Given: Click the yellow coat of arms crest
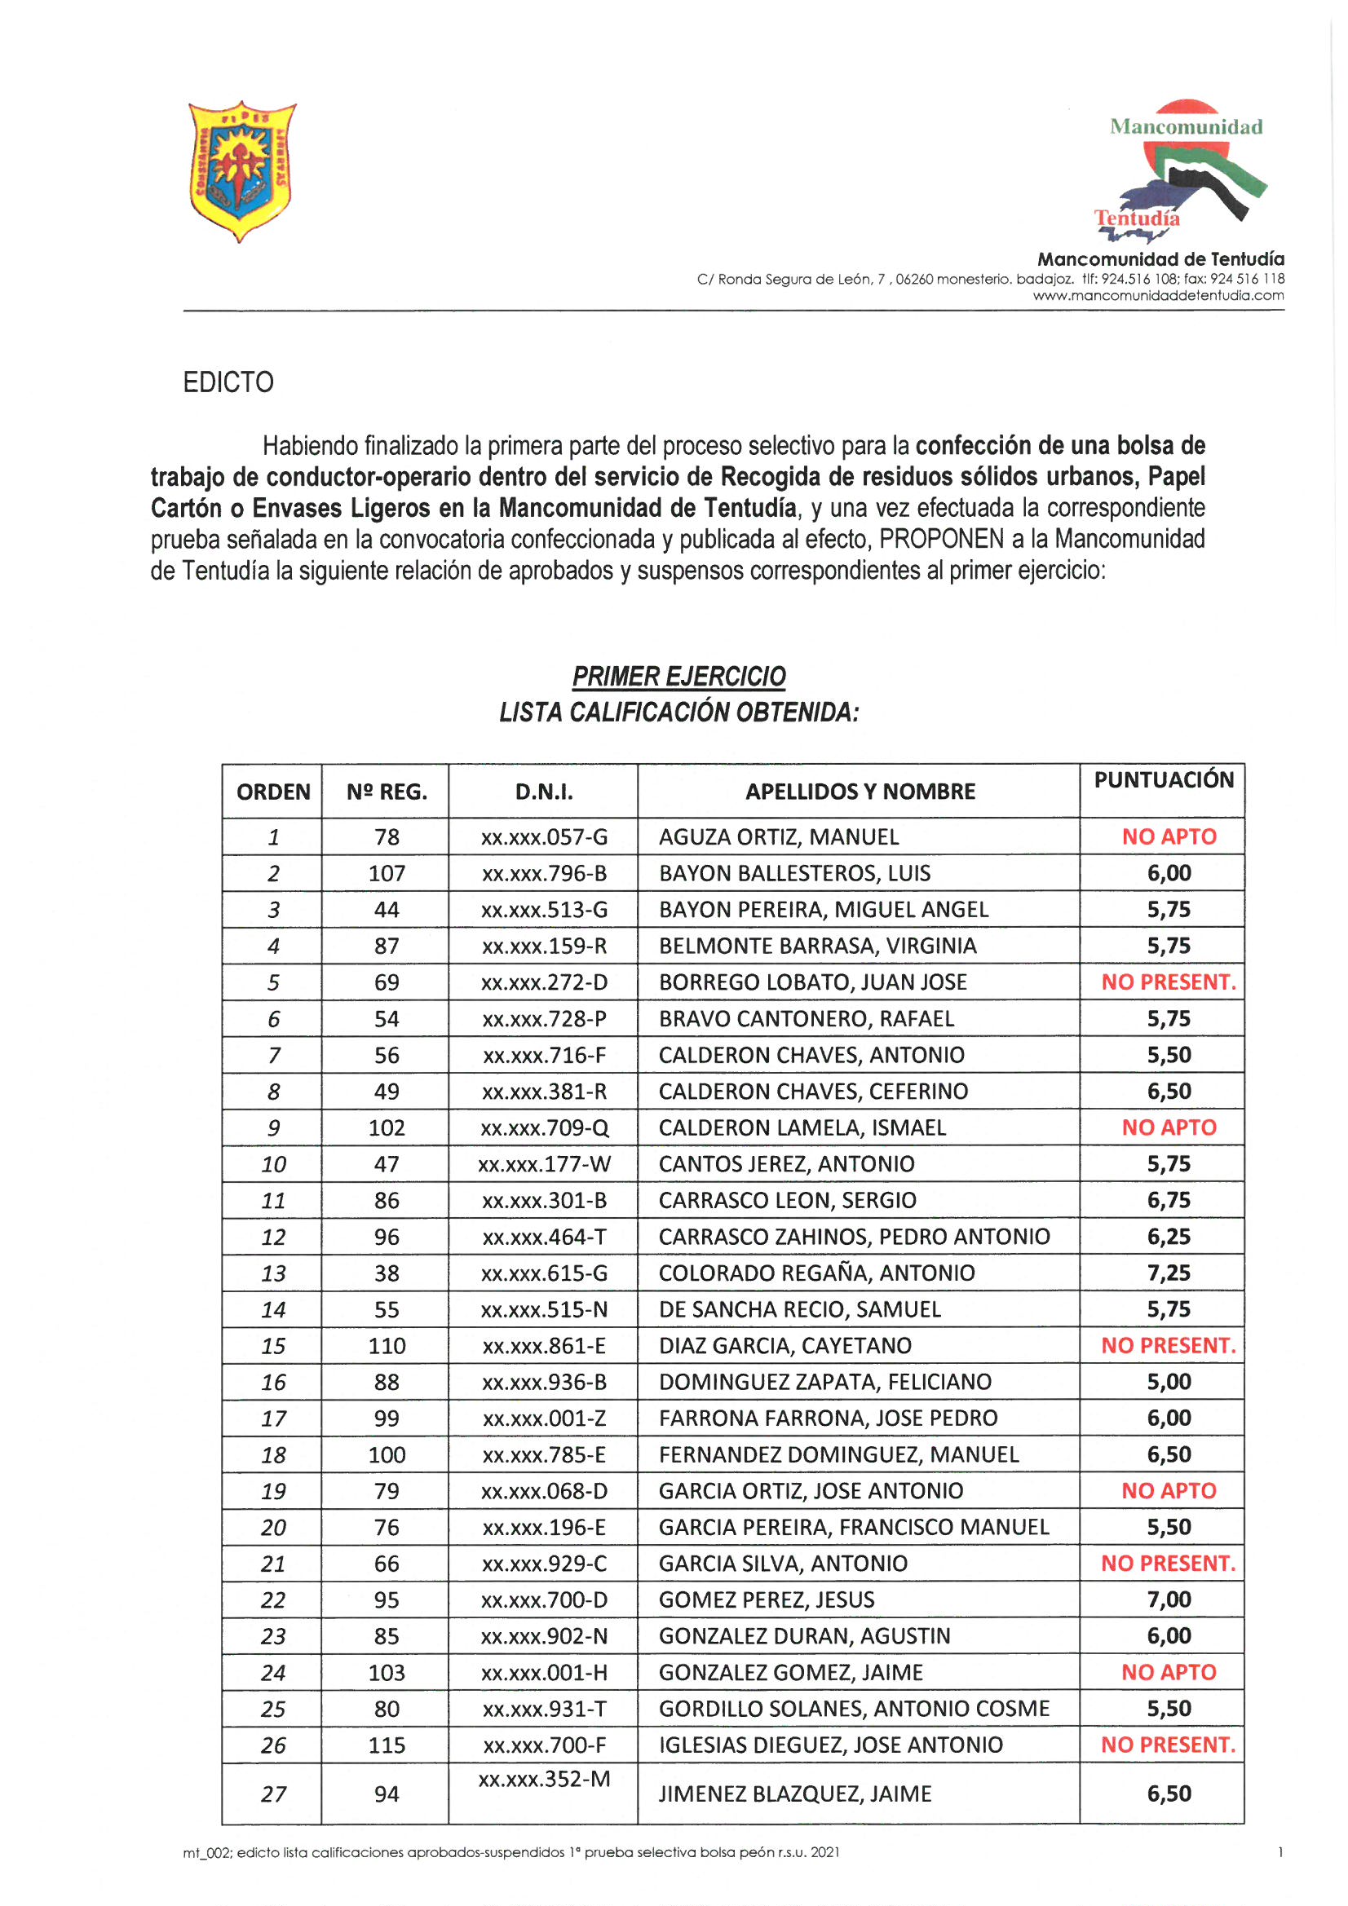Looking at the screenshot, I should [x=241, y=171].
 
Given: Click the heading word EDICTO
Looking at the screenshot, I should [x=228, y=382].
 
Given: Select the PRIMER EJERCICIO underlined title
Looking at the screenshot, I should [x=678, y=677].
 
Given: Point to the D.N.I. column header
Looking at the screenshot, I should [x=543, y=792].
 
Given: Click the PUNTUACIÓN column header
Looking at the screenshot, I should [x=1163, y=780].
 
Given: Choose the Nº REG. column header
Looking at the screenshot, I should [x=387, y=792].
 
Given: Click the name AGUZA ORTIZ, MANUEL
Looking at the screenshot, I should [x=778, y=836].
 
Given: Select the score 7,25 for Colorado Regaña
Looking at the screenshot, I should [x=1169, y=1273].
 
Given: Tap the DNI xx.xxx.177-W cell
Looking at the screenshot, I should [x=544, y=1164].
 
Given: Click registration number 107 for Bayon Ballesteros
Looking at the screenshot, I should [x=387, y=873].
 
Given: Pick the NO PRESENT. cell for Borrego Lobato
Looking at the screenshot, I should [x=1168, y=982].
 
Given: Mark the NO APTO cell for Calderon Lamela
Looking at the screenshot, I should [x=1169, y=1127].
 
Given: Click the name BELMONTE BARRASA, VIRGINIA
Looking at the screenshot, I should [x=817, y=946].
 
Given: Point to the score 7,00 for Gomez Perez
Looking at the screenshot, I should [x=1169, y=1599].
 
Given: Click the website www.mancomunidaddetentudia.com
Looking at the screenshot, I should [x=1158, y=296].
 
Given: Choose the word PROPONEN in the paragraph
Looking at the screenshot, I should [x=941, y=540].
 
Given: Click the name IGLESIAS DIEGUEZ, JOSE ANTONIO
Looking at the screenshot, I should [x=830, y=1745].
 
